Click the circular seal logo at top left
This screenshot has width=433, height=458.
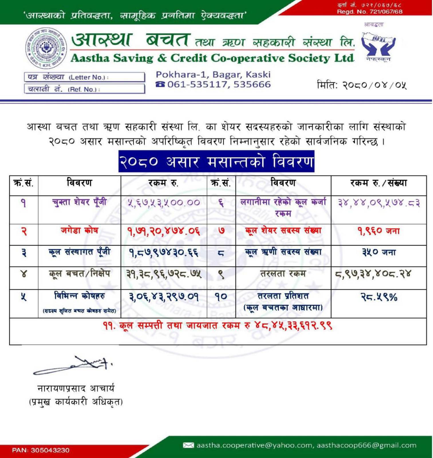tap(46, 48)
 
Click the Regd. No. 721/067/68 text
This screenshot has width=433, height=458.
tap(369, 12)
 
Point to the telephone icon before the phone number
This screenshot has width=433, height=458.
tap(161, 84)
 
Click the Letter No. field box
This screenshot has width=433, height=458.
tap(84, 77)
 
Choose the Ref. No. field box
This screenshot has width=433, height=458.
tap(84, 89)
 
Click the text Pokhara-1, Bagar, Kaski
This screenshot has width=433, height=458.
tap(213, 75)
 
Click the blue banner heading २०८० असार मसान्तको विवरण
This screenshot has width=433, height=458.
tap(216, 161)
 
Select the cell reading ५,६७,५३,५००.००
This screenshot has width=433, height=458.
tap(164, 203)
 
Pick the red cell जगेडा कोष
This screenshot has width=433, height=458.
tap(79, 230)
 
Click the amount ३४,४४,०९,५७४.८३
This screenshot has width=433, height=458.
tap(379, 203)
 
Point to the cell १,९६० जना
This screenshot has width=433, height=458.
tap(378, 230)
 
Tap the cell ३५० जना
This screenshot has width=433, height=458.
tap(378, 252)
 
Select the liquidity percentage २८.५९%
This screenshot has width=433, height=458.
tap(378, 297)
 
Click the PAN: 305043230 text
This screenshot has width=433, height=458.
tap(41, 450)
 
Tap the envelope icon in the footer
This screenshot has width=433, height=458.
tap(188, 445)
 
